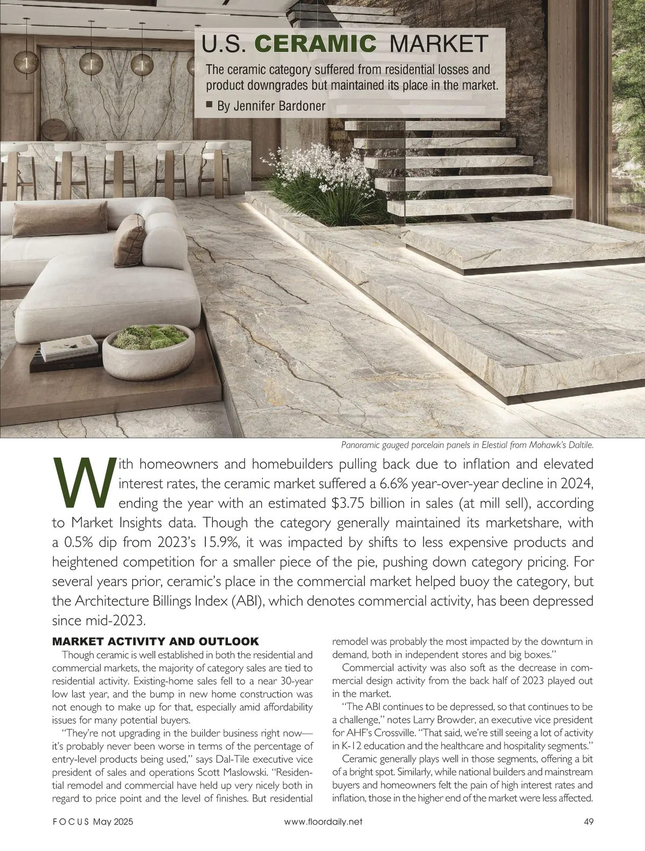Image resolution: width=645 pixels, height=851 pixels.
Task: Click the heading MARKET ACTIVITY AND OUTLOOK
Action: pos(156,642)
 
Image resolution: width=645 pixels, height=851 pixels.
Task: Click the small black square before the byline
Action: pos(210,105)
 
